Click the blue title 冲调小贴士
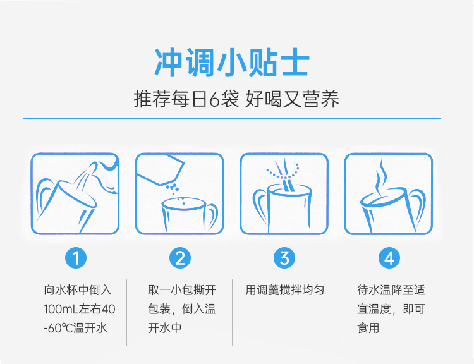[232, 62]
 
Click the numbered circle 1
[76, 258]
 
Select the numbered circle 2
[180, 258]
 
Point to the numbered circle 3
[284, 258]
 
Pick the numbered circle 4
[389, 258]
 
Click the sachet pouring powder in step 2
[161, 170]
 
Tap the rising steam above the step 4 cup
[380, 177]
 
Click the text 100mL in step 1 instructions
[61, 309]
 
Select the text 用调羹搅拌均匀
[284, 290]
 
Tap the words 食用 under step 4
[368, 328]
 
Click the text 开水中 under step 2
[165, 328]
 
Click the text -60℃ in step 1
[58, 328]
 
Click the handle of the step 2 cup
[212, 216]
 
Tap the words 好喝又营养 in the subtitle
[292, 99]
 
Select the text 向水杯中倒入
[78, 290]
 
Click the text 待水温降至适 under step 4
[391, 290]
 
